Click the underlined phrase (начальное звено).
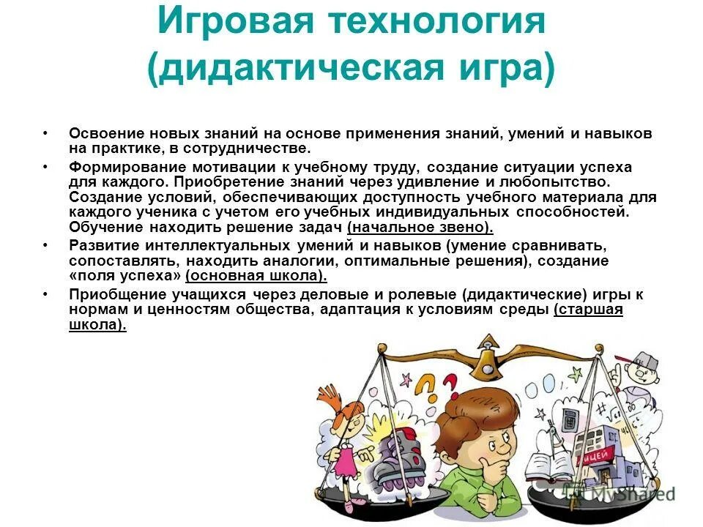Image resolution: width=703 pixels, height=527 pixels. (x=420, y=227)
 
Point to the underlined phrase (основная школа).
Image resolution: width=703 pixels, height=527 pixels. (x=256, y=276)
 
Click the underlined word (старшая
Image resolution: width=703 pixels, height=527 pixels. (x=589, y=310)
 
